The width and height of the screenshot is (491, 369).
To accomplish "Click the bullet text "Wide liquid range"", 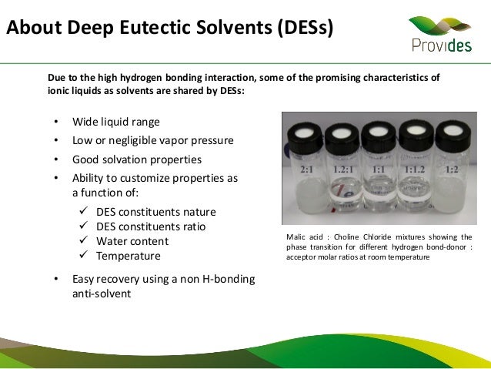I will point(116,122).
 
